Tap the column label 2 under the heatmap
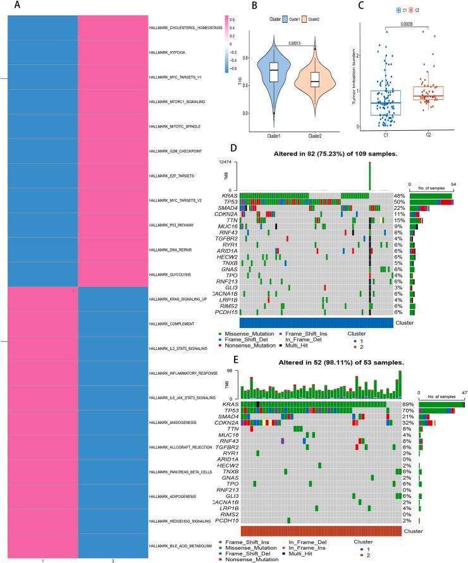(x=113, y=560)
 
